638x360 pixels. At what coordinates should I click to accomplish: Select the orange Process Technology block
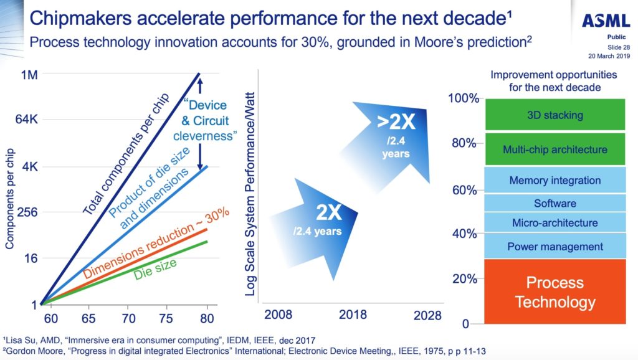[555, 292]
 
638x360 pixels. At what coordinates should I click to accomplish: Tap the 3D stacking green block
[555, 115]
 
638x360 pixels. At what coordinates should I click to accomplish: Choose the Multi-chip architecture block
[555, 149]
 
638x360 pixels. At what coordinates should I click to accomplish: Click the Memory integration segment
[555, 181]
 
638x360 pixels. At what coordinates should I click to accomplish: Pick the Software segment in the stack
[555, 203]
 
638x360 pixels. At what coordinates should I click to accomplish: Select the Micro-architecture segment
[555, 222]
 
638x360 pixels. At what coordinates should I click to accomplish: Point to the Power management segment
[555, 246]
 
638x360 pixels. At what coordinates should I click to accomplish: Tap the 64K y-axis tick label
[26, 120]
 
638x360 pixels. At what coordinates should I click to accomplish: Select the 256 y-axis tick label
[27, 212]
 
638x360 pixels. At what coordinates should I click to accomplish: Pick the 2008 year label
[278, 315]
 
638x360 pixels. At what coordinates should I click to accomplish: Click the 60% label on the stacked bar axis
[464, 190]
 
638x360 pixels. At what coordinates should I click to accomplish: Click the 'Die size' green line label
[155, 268]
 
